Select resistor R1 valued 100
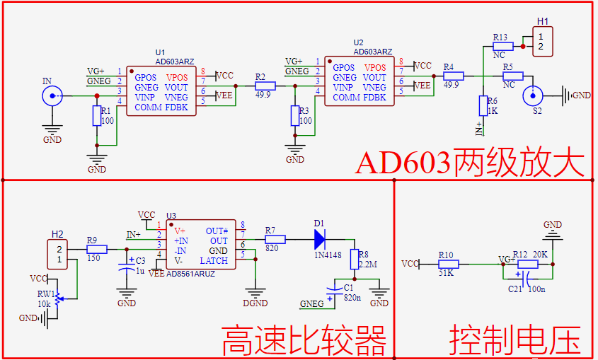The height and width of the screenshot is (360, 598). click(x=97, y=116)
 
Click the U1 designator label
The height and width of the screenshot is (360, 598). click(x=159, y=53)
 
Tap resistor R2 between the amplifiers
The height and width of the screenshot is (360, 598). click(x=265, y=86)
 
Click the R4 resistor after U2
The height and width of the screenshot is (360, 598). click(x=453, y=76)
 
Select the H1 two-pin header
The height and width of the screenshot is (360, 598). click(x=542, y=41)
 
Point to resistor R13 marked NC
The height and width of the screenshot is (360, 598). click(x=502, y=46)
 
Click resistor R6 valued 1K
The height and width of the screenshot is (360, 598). click(x=483, y=105)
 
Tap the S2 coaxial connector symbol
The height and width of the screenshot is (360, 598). click(x=533, y=95)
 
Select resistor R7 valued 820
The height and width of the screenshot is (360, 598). click(x=275, y=240)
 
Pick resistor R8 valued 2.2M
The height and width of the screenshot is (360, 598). click(x=355, y=260)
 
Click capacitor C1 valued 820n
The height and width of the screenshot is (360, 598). click(x=337, y=289)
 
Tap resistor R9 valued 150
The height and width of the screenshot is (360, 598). click(x=96, y=249)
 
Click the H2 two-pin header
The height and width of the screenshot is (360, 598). click(x=59, y=255)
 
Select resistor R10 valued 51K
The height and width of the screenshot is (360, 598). click(x=449, y=264)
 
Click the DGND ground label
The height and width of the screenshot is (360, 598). click(x=255, y=303)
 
